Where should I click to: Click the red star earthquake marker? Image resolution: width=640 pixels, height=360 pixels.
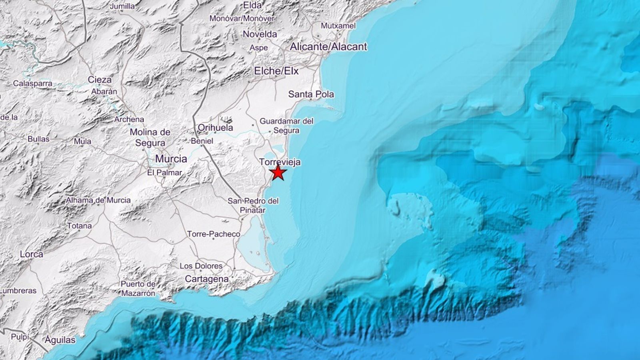click(x=278, y=173)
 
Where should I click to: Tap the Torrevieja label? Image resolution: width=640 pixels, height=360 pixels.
click(x=280, y=162)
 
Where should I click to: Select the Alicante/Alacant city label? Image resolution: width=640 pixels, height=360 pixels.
click(x=328, y=47)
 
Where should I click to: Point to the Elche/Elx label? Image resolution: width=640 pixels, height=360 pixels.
click(x=276, y=71)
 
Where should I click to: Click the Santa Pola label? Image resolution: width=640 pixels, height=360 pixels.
click(x=311, y=94)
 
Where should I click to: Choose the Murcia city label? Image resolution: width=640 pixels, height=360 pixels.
click(x=171, y=159)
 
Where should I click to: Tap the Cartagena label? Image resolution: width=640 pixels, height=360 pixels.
click(x=206, y=279)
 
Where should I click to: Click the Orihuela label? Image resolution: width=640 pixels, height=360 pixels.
click(x=215, y=128)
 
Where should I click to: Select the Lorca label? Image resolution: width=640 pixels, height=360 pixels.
click(x=31, y=254)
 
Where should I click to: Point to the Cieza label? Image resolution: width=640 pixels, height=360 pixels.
click(x=100, y=80)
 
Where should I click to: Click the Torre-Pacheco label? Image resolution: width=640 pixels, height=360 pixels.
click(x=214, y=234)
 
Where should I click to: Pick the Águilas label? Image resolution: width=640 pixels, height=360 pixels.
click(x=60, y=340)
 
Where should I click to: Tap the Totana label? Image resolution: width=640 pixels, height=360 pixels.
click(x=79, y=226)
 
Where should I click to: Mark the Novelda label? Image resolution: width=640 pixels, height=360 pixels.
click(x=260, y=34)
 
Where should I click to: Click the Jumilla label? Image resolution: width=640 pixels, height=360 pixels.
click(x=122, y=6)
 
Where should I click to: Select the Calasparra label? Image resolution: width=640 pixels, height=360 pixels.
click(x=32, y=84)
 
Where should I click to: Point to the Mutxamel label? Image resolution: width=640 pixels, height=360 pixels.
click(x=338, y=26)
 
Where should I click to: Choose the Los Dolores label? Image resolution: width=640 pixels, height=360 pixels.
click(x=201, y=266)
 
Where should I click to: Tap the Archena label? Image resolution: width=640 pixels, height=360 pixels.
click(x=129, y=119)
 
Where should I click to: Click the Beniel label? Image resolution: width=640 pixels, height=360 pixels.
click(x=202, y=141)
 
